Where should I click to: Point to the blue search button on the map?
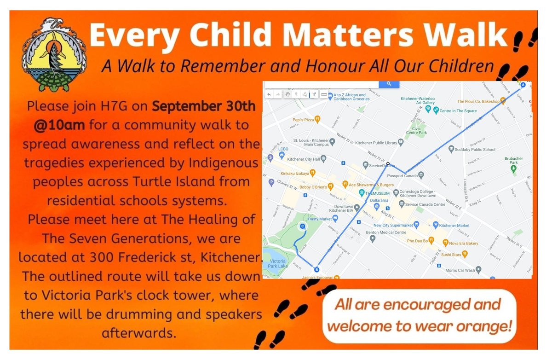(x=389, y=84)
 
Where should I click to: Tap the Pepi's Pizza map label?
(x=303, y=119)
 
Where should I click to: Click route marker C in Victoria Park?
(x=302, y=226)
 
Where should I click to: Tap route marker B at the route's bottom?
(x=316, y=269)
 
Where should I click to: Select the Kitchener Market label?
(x=454, y=225)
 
